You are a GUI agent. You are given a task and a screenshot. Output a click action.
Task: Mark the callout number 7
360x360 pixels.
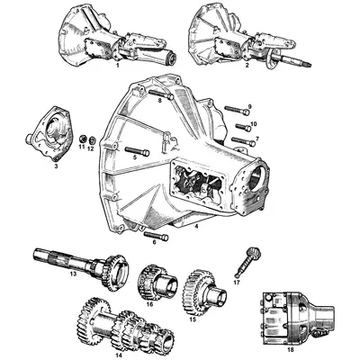(x=256, y=139)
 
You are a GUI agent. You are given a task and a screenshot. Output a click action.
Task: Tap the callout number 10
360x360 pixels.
(x=253, y=124)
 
